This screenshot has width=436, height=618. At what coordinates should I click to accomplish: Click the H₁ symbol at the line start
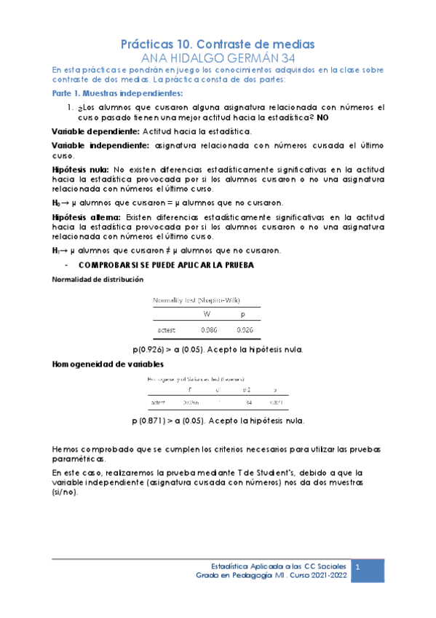coord(56,251)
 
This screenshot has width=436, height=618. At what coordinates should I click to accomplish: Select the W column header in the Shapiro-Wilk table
coord(207,314)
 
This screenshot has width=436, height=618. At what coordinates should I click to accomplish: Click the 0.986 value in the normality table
coord(207,329)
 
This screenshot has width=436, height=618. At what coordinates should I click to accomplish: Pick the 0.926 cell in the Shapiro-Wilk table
coord(245,329)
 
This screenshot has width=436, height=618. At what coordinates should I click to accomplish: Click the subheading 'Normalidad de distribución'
coord(97,279)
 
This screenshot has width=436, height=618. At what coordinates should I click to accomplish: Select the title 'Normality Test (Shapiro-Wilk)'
coord(197,300)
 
